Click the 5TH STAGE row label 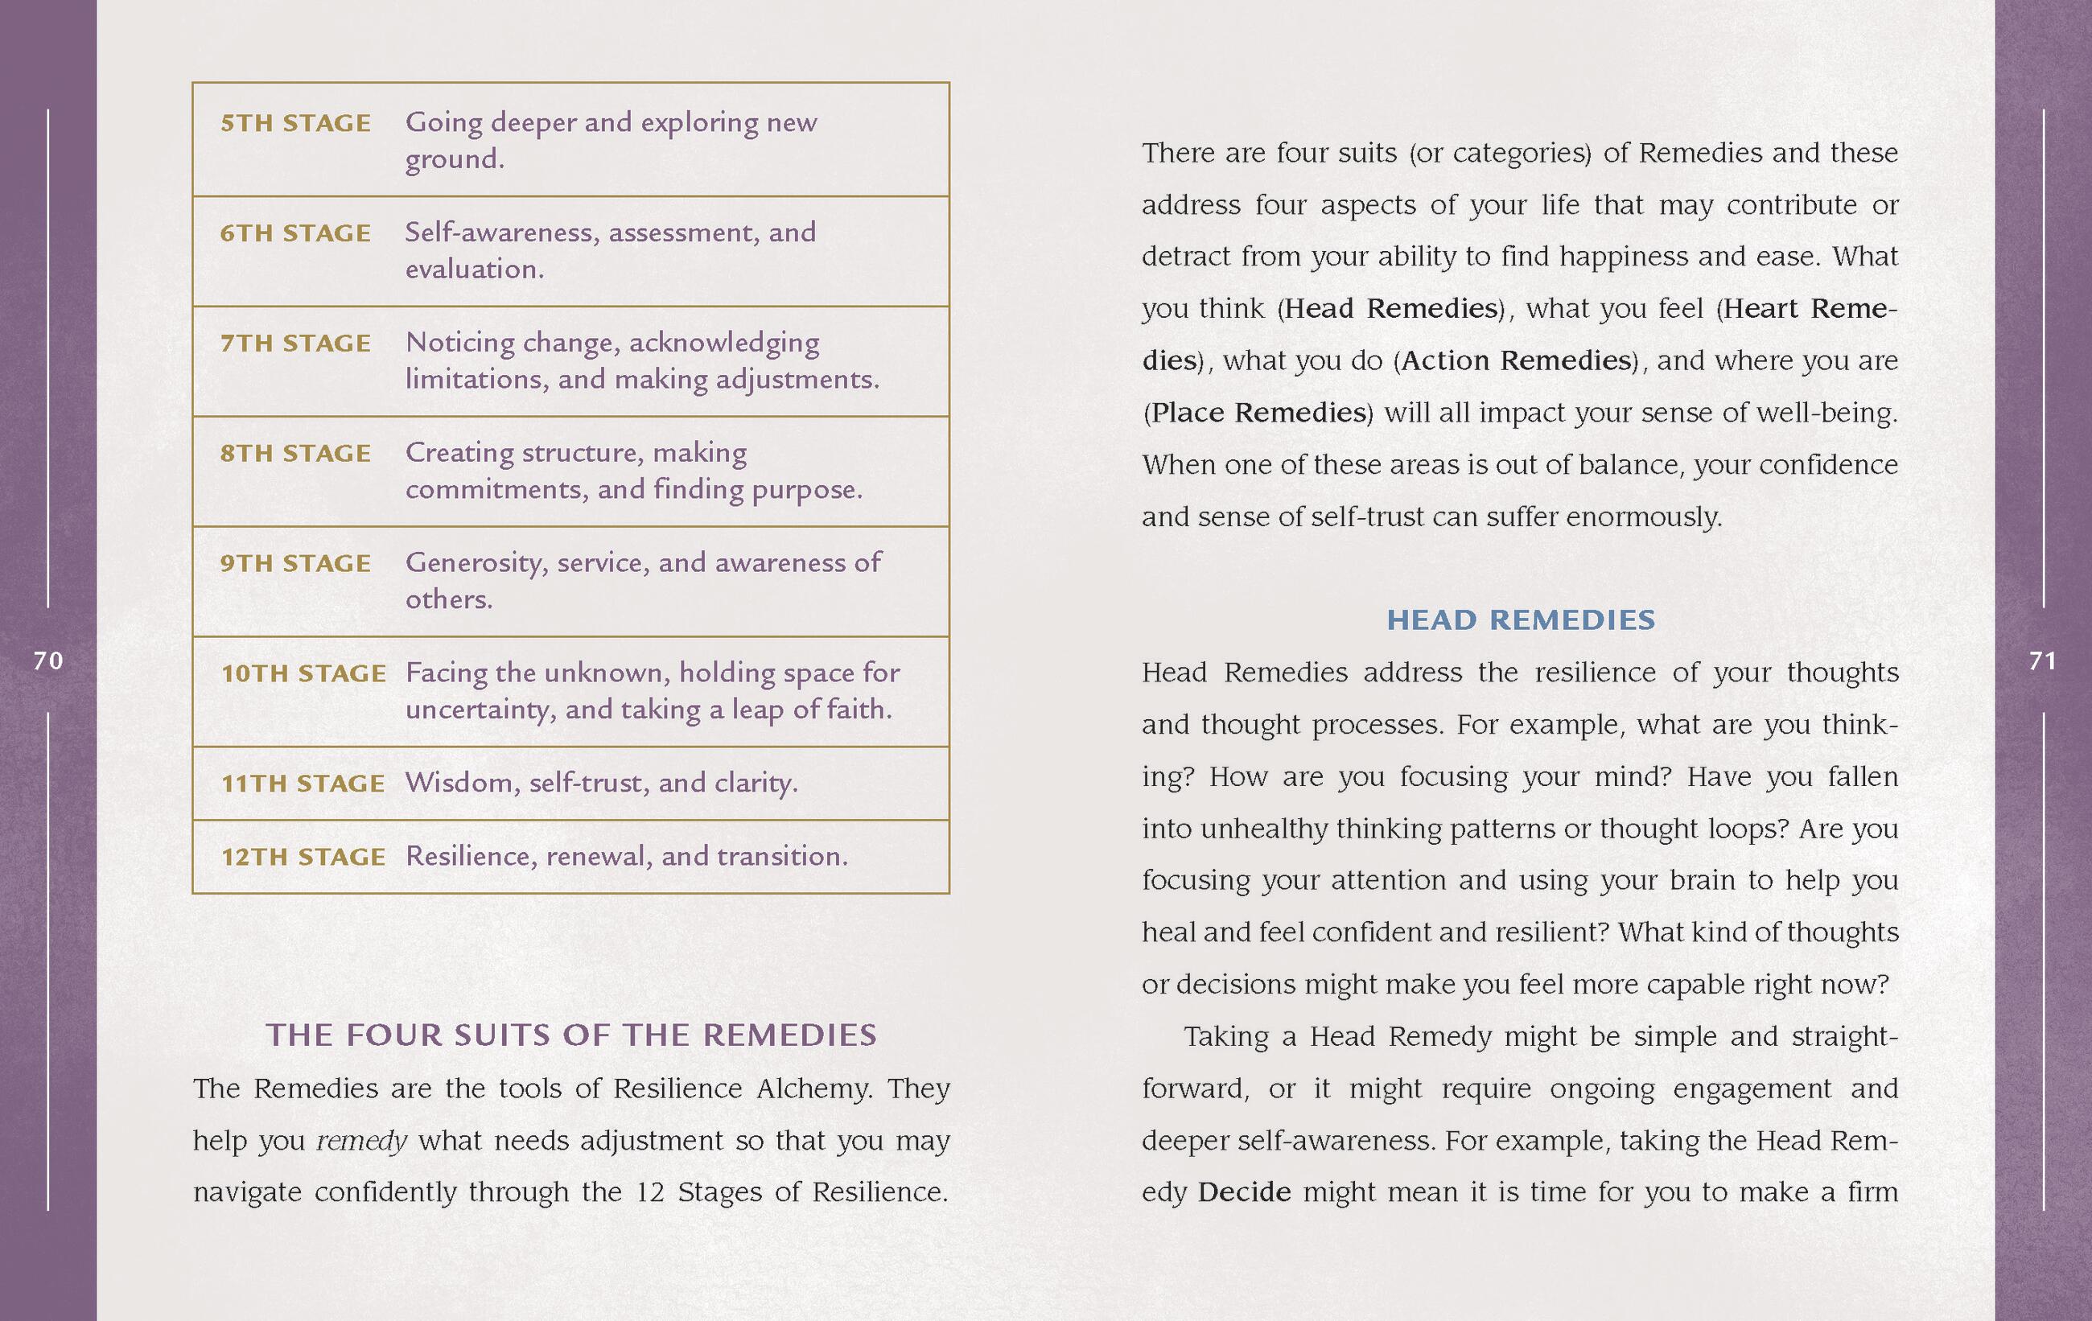click(295, 123)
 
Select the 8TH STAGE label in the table click(295, 454)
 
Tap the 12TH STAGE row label click(303, 858)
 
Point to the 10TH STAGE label click(303, 674)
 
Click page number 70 click(48, 662)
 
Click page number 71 click(2042, 662)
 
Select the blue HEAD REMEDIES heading click(1521, 620)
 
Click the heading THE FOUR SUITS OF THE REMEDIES click(570, 1035)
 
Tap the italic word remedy click(361, 1140)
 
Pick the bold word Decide click(1244, 1192)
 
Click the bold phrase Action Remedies click(1516, 360)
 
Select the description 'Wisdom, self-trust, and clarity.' click(601, 784)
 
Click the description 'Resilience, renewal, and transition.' click(626, 858)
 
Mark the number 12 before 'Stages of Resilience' click(650, 1192)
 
